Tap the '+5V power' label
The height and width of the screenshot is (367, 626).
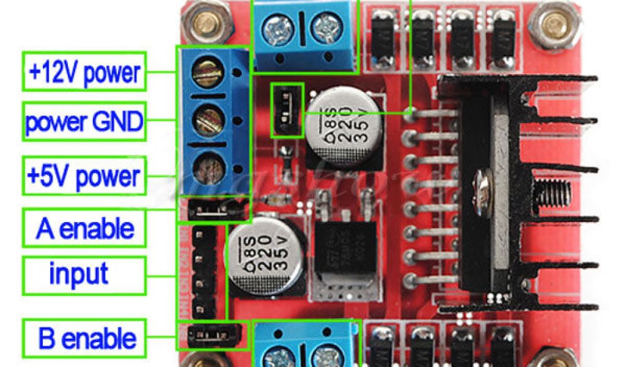click(85, 177)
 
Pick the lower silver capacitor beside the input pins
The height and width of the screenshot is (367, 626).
click(262, 250)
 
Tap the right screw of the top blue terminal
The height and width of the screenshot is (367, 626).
click(325, 27)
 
